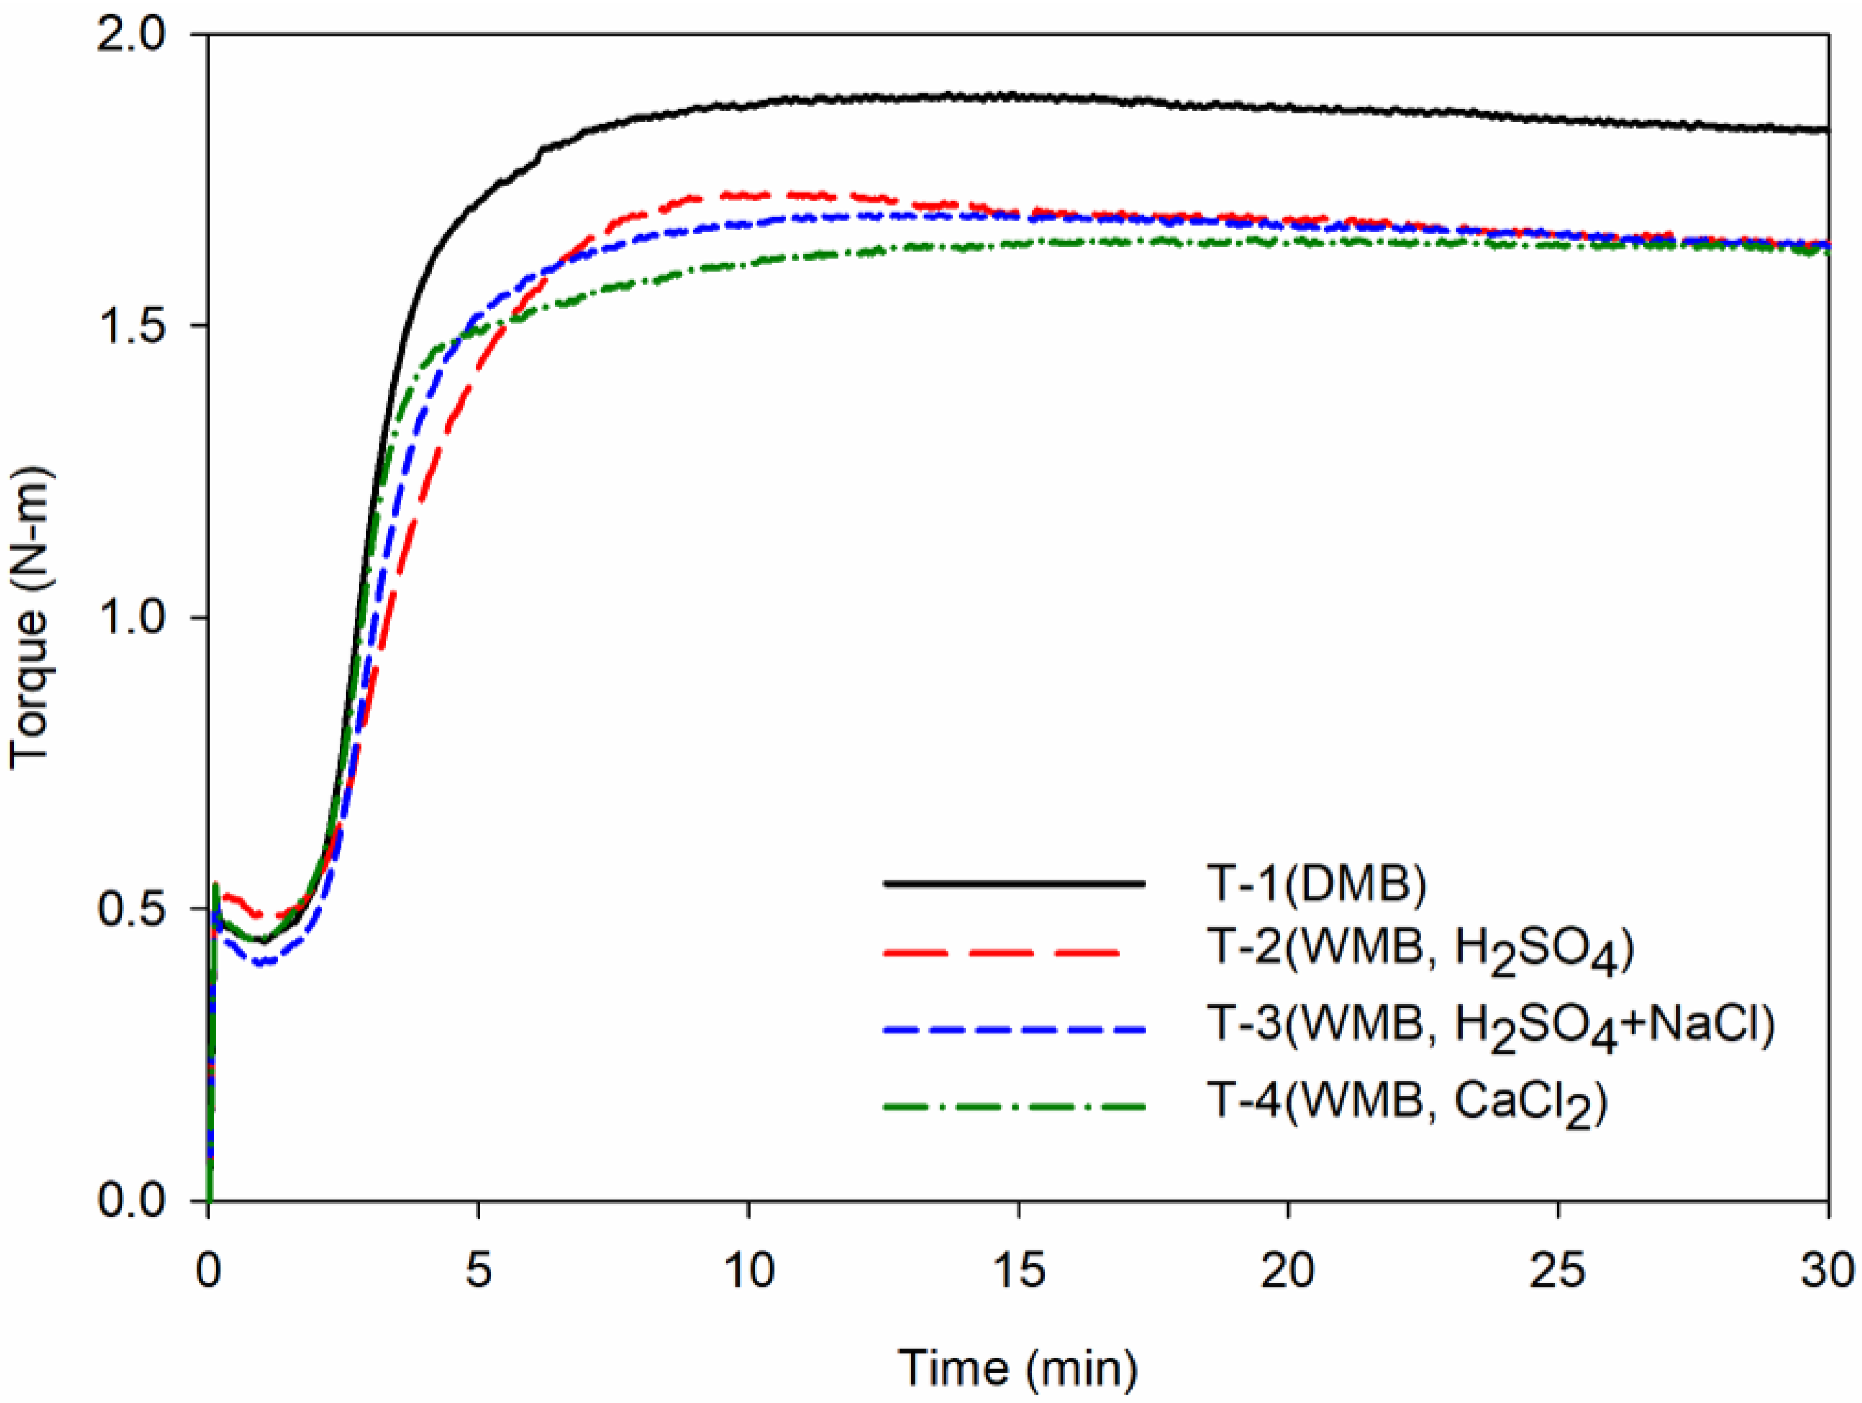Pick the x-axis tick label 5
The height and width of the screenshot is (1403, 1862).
pos(478,1271)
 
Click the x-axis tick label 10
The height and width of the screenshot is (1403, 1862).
pos(748,1271)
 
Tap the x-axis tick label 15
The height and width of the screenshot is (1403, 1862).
pos(1019,1271)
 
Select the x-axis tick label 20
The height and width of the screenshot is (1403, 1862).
pos(1288,1271)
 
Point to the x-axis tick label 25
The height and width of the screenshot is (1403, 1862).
pos(1558,1271)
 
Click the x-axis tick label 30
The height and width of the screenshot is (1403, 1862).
pos(1826,1271)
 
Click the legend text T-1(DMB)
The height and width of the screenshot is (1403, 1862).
pos(1317,885)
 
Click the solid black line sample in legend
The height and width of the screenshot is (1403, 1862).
pos(1015,883)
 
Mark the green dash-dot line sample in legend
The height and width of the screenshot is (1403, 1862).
pos(1015,1106)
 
